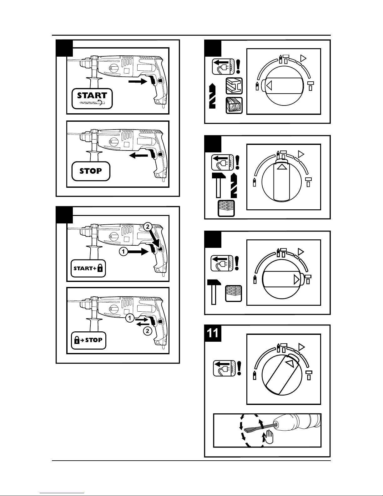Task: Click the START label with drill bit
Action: [x=92, y=98]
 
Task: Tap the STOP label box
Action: [x=91, y=171]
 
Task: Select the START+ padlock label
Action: [x=88, y=268]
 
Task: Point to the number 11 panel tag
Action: [x=213, y=333]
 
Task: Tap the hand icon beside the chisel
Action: [x=269, y=435]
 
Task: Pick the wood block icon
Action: [x=234, y=105]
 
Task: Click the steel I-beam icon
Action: [x=234, y=86]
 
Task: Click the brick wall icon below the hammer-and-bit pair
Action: [x=226, y=208]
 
